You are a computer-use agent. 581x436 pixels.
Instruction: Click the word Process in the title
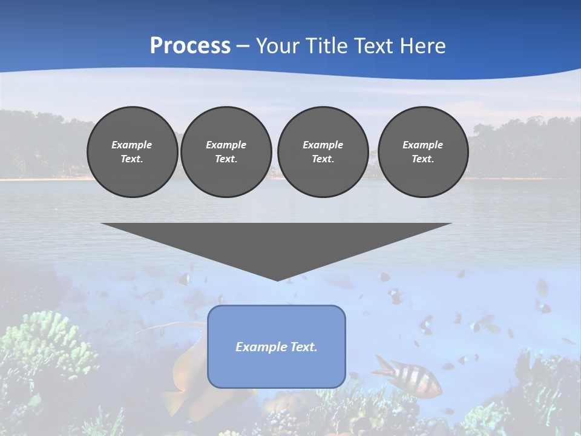pos(190,46)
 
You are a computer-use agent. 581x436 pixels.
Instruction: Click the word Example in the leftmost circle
pos(132,145)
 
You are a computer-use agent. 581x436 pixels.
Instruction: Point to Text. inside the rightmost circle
pos(423,159)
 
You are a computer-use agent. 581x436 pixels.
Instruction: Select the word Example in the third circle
pos(323,145)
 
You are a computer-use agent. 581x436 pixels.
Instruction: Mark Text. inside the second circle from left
pos(226,159)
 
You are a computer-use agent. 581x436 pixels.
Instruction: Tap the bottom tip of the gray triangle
pos(277,279)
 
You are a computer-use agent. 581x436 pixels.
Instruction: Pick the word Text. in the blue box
pos(303,347)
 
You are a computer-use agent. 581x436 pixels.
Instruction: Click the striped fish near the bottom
pos(408,375)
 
